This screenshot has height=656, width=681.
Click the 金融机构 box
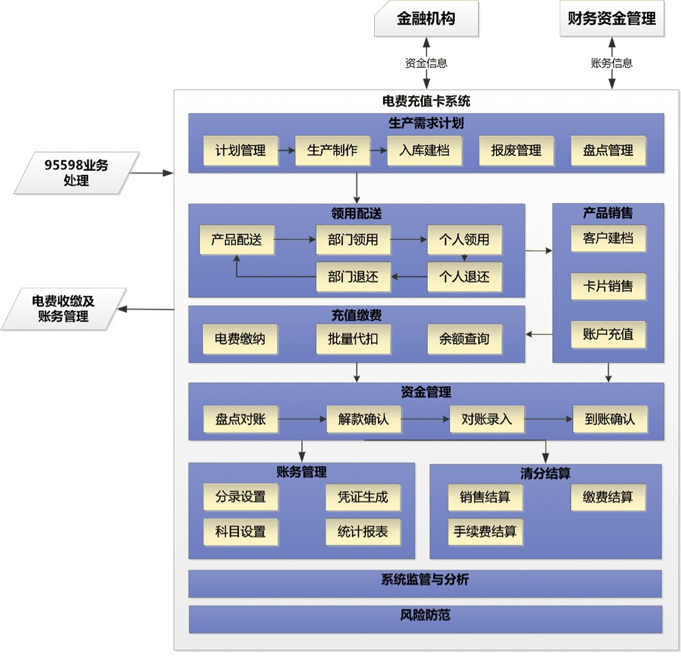[x=426, y=18]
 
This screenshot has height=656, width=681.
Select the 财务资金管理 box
[x=611, y=18]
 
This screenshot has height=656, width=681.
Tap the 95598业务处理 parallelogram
[x=77, y=172]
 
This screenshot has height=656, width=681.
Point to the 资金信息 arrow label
[x=426, y=63]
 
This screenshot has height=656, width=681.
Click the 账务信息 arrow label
[x=611, y=63]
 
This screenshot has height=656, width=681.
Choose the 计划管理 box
[x=240, y=150]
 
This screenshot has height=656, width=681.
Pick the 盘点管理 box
[x=608, y=150]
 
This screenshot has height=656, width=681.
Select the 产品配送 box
[x=236, y=240]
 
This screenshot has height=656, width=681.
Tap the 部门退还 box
[x=352, y=277]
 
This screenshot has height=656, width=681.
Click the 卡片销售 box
[x=608, y=286]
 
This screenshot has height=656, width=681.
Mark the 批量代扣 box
[x=352, y=339]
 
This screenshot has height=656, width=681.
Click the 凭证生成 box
[x=362, y=497]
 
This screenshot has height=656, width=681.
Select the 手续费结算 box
[x=485, y=532]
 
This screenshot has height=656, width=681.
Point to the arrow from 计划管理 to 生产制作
[x=287, y=151]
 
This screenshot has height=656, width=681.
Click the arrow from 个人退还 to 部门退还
[x=408, y=277]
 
